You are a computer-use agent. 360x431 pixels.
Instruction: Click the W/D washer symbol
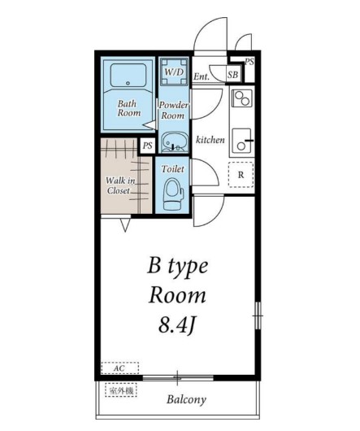click(174, 72)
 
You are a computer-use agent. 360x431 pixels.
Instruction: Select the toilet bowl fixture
click(172, 194)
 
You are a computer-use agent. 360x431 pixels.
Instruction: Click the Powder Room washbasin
click(175, 142)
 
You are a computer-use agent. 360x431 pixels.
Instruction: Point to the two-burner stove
click(241, 98)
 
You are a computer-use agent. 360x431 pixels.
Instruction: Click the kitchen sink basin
click(241, 141)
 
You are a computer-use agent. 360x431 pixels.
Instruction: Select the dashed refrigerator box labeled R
click(241, 175)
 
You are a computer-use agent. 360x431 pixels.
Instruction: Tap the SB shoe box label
click(232, 74)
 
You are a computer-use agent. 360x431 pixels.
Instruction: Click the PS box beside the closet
click(147, 145)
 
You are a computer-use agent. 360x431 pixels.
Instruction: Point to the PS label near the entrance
click(249, 62)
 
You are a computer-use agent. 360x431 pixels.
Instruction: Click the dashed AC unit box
click(120, 368)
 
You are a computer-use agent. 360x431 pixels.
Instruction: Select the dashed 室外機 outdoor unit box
click(121, 390)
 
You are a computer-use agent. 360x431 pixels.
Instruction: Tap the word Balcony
click(186, 399)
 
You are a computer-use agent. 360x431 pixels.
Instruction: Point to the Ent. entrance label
click(202, 76)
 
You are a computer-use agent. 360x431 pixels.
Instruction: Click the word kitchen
click(210, 140)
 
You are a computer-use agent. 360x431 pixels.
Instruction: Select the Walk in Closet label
click(120, 185)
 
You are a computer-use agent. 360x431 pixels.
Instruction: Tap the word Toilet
click(172, 169)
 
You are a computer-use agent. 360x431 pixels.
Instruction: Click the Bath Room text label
click(128, 108)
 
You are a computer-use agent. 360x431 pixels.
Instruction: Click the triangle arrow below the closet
click(125, 224)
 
